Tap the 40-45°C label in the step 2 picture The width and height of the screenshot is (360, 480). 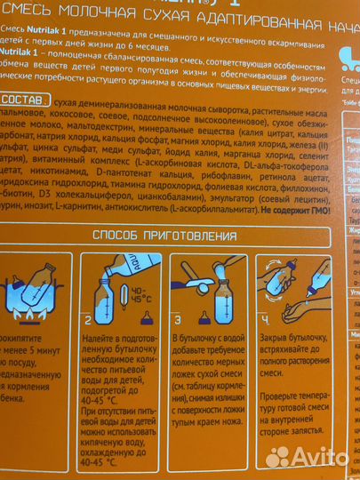[140, 297]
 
